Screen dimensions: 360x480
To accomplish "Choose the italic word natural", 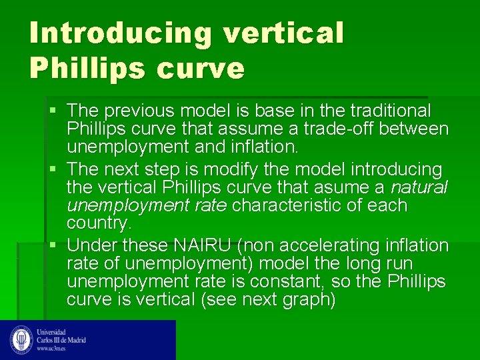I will coord(419,188).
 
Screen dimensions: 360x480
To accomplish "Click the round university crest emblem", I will coord(21,339).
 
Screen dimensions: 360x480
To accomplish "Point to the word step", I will coord(175,170).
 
